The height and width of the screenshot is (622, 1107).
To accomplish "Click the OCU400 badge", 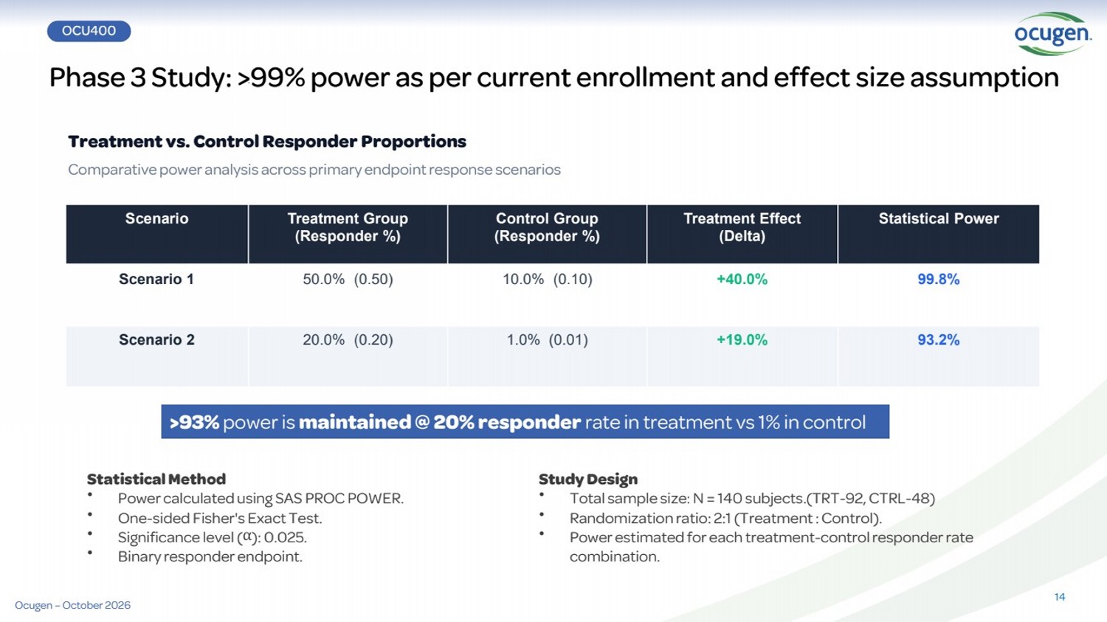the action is click(x=89, y=31).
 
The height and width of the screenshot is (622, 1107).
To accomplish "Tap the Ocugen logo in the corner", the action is click(x=1052, y=34).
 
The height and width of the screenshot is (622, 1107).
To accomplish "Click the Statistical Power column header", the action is click(x=939, y=218).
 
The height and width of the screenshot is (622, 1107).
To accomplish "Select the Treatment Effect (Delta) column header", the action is click(x=742, y=227).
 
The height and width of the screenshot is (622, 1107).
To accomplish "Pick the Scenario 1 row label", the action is click(x=156, y=279).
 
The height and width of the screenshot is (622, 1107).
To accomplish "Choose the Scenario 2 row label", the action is click(x=156, y=340).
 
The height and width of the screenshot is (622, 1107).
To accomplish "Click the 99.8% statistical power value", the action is click(x=939, y=279).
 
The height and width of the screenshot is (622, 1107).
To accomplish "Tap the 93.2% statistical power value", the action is click(x=939, y=340).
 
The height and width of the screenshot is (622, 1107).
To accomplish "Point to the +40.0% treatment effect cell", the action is click(x=742, y=279).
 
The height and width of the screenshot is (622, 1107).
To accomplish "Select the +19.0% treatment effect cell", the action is click(x=742, y=340).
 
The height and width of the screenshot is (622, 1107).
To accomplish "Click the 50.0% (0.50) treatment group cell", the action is click(x=348, y=279).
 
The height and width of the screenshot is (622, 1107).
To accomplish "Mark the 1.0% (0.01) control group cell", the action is click(x=547, y=340).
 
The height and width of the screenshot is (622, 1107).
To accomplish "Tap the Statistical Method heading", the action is click(x=156, y=479).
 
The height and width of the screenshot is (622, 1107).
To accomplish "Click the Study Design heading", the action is click(x=588, y=479).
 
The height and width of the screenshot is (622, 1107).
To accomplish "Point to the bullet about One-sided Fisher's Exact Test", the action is click(x=220, y=518).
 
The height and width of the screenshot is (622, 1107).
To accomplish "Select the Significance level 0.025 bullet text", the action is click(x=212, y=538).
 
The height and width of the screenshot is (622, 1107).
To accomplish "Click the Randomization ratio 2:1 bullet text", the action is click(x=725, y=518).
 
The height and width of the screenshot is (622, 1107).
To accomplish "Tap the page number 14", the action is click(x=1060, y=597).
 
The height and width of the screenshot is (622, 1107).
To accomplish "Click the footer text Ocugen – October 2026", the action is click(x=72, y=605).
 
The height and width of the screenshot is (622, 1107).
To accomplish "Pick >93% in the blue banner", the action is click(x=194, y=422).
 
